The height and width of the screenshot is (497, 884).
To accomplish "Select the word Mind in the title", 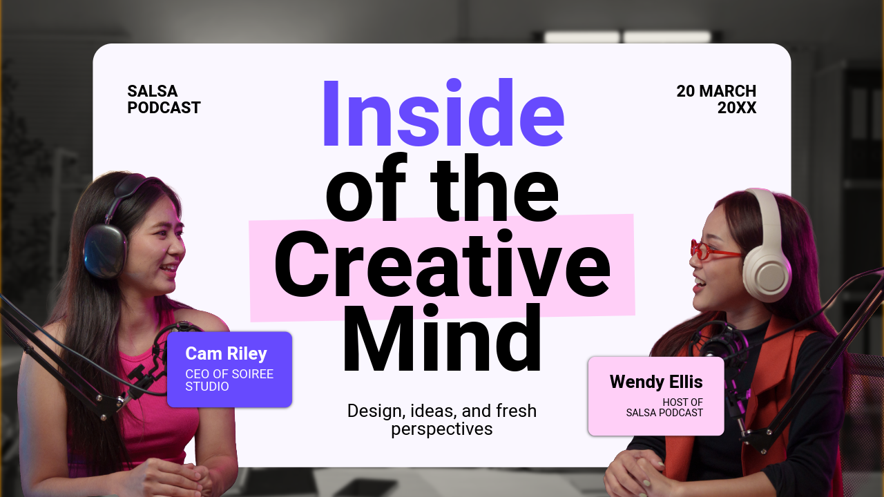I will click(442, 340).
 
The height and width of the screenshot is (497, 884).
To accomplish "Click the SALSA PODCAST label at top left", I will click(164, 99).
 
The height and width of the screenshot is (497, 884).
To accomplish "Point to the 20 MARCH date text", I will click(716, 91).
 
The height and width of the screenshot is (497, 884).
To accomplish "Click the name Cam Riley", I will click(226, 354).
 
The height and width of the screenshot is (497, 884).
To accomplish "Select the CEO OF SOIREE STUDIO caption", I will click(229, 380).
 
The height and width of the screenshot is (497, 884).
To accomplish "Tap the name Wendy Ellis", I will click(656, 382).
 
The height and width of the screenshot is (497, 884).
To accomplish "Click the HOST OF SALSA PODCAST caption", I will click(664, 407).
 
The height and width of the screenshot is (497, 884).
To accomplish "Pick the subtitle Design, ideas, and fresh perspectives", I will click(442, 420).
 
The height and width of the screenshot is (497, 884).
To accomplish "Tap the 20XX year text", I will click(736, 108).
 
